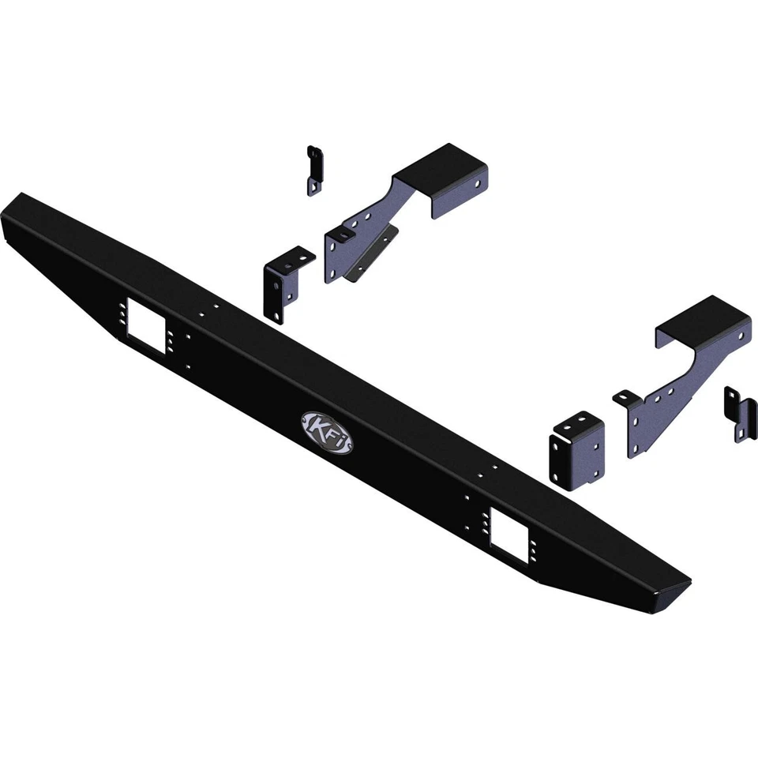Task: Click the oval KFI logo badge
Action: pos(326,431)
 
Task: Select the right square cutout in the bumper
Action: pos(508,535)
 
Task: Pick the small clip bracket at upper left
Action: pos(314,169)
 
